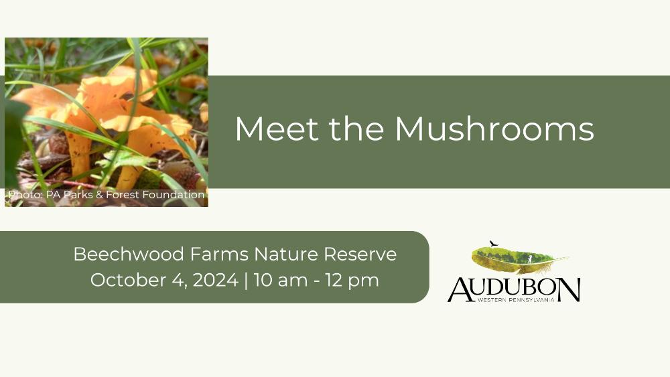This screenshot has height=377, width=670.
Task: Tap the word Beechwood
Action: [129, 254]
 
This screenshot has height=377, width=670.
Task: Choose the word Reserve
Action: [360, 254]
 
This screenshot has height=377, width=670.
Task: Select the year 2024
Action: [215, 280]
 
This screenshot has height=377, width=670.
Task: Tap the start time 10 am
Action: [280, 280]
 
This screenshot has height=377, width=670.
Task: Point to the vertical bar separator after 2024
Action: [246, 281]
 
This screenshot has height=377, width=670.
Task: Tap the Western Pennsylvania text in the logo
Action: [516, 300]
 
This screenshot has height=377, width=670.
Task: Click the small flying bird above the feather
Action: [494, 243]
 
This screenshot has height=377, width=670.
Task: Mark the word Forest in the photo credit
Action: [123, 195]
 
